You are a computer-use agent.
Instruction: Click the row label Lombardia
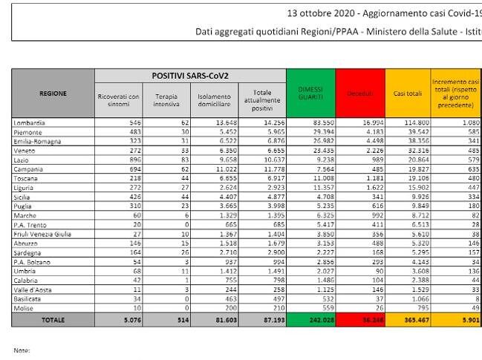pyautogui.click(x=30, y=122)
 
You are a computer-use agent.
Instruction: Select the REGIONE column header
pyautogui.click(x=53, y=94)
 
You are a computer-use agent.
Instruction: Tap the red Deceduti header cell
pyautogui.click(x=360, y=94)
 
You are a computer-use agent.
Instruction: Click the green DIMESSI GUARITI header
pyautogui.click(x=310, y=93)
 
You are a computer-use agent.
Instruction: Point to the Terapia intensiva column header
pyautogui.click(x=166, y=100)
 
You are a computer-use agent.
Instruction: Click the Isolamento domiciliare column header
pyautogui.click(x=213, y=100)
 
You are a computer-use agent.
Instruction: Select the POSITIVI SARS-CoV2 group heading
pyautogui.click(x=190, y=75)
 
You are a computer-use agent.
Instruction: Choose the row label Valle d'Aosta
pyautogui.click(x=33, y=290)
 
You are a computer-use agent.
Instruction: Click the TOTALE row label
pyautogui.click(x=53, y=320)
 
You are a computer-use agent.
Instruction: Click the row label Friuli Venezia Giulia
pyautogui.click(x=42, y=234)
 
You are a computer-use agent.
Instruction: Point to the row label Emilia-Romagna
pyautogui.click(x=35, y=140)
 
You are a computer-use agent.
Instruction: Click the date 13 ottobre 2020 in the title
pyautogui.click(x=325, y=13)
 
